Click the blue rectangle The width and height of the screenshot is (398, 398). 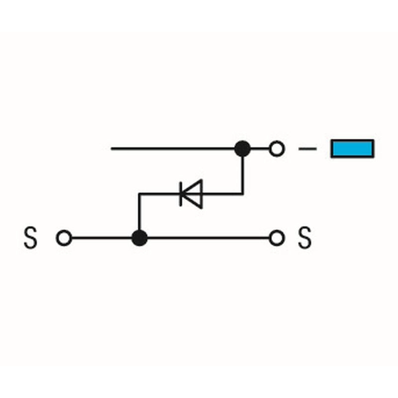352,148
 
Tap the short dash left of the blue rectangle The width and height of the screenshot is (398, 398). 307,148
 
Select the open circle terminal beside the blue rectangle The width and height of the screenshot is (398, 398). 277,148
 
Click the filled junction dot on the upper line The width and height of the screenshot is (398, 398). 242,148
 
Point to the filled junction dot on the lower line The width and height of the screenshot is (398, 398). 140,238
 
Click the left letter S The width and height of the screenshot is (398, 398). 30,238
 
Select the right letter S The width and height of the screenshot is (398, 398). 304,238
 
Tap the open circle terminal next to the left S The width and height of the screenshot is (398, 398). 64,238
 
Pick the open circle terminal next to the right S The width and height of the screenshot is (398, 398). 277,238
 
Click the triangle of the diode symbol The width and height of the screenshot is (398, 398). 192,194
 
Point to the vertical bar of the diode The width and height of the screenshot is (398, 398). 181,194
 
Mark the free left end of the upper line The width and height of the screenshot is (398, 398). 111,148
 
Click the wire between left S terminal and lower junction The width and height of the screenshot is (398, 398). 101,238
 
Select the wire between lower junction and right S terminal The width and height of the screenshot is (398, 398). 208,238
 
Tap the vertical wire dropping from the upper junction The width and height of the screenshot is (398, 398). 242,176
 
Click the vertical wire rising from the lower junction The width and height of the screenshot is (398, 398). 139,212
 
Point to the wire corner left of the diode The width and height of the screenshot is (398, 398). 139,194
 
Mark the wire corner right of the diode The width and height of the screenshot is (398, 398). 242,194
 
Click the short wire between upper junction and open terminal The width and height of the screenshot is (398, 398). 260,148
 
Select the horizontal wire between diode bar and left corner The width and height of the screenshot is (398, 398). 160,194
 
